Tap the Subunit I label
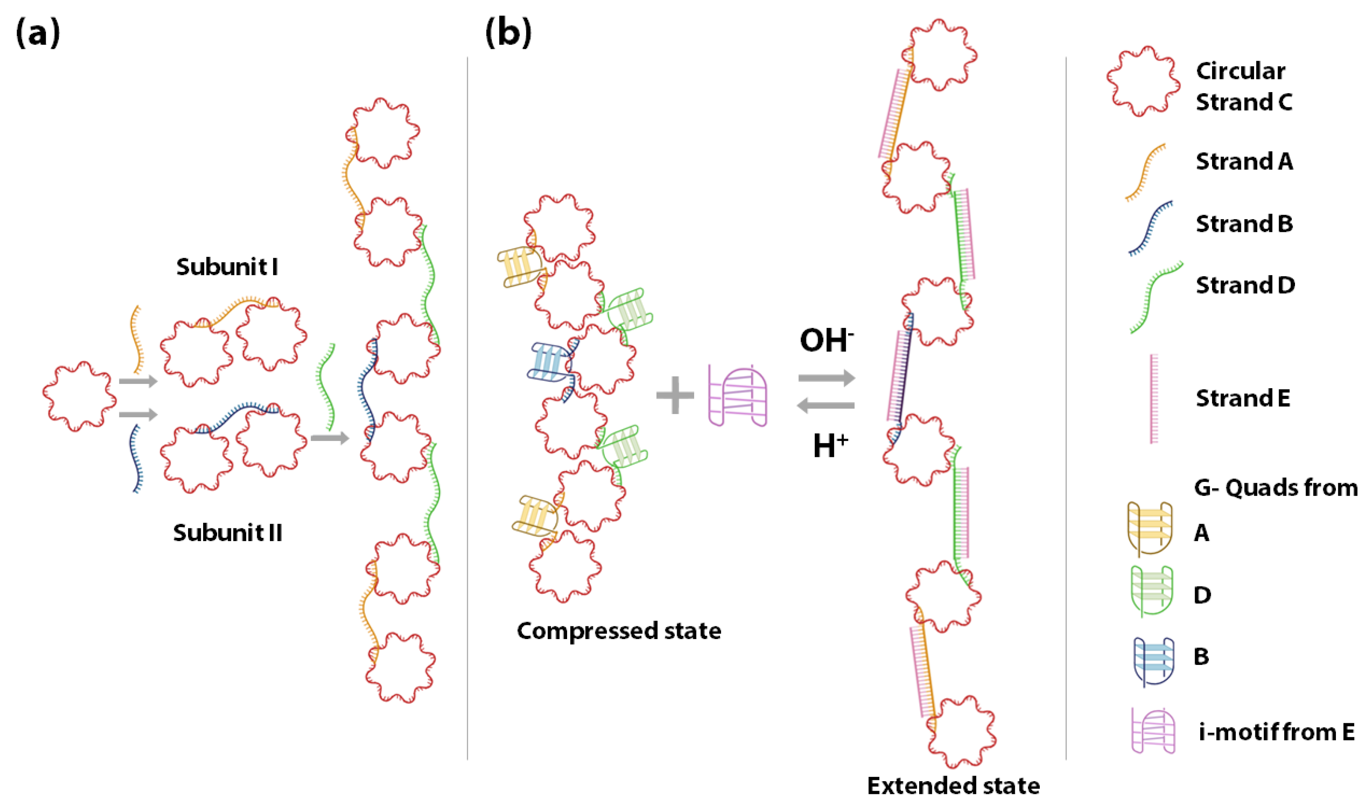(x=227, y=267)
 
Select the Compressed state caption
(x=619, y=631)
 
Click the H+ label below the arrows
(x=830, y=446)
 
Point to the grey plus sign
(x=675, y=395)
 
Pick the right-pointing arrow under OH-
(x=826, y=377)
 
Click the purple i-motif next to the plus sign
(x=738, y=395)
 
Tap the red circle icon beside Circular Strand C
(x=1143, y=82)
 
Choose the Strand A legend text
(x=1244, y=162)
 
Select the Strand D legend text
(x=1245, y=285)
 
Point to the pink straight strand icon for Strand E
(x=1154, y=399)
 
